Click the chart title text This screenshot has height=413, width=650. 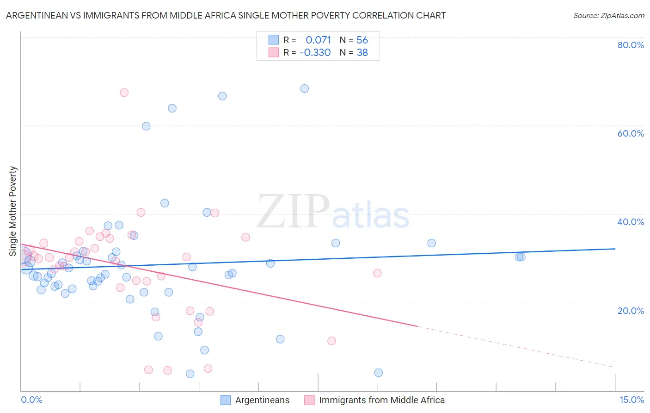[x=226, y=15]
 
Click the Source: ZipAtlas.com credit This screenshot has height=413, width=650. [x=608, y=15]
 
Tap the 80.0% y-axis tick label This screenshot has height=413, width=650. [x=631, y=45]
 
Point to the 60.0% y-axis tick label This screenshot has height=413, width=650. [x=631, y=133]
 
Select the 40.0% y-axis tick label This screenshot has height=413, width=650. [x=631, y=222]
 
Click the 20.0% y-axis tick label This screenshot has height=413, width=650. [x=631, y=310]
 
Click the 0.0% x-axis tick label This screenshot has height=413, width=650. [x=31, y=400]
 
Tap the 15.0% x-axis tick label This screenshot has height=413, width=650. [x=632, y=400]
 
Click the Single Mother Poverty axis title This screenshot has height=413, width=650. [x=13, y=211]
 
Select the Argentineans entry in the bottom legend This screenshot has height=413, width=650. [x=262, y=400]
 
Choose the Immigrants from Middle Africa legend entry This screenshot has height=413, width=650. [x=381, y=400]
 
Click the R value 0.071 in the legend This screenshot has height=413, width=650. [x=318, y=40]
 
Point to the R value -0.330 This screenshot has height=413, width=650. [x=315, y=53]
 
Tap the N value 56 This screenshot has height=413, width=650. [x=362, y=40]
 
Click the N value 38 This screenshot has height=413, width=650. [x=362, y=53]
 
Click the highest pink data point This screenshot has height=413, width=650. [x=124, y=93]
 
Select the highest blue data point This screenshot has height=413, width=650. [x=304, y=88]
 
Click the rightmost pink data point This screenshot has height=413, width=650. [x=377, y=273]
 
